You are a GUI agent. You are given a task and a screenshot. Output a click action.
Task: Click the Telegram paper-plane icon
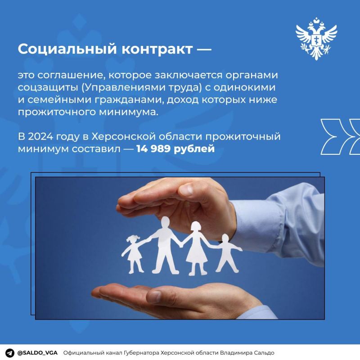9,352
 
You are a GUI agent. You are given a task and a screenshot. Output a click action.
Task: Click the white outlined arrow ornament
340,135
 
